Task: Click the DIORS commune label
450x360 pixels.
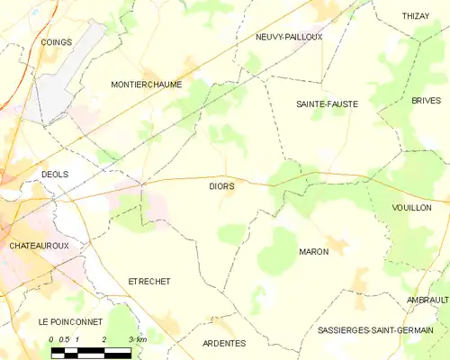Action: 221,186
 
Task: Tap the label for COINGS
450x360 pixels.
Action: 56,42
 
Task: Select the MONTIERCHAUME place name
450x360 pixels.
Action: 146,85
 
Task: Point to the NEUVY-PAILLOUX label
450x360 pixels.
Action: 289,37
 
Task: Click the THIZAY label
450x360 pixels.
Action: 416,16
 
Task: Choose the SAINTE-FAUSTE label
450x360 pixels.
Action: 327,104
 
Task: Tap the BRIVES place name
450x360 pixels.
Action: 426,101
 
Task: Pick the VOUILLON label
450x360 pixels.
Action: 412,208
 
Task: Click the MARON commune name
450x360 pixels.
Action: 313,252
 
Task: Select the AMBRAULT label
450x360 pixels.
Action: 427,300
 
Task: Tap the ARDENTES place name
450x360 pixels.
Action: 223,343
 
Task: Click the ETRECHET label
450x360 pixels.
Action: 149,282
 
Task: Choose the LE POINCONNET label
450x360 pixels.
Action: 70,321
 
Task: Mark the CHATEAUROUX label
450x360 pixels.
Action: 39,245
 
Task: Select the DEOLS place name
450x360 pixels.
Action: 55,175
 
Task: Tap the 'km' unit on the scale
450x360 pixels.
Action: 141,339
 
